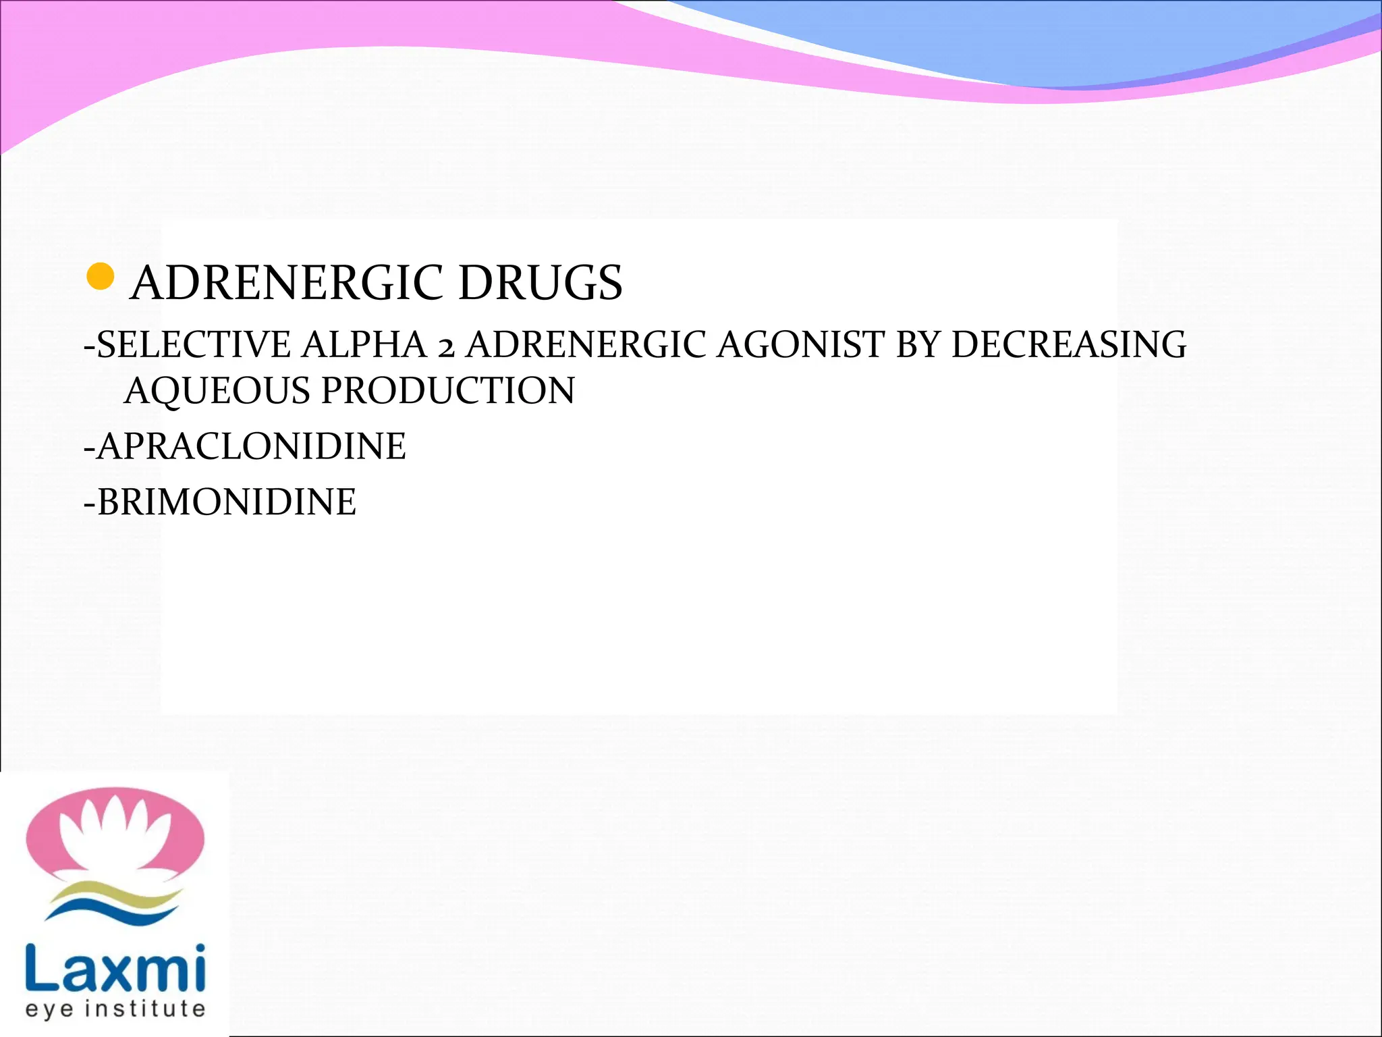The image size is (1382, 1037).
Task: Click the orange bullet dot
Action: click(101, 277)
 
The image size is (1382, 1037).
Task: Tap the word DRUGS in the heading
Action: click(540, 283)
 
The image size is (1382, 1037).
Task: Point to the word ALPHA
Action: click(364, 345)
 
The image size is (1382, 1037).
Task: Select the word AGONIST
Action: click(800, 345)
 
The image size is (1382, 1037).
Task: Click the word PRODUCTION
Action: click(448, 392)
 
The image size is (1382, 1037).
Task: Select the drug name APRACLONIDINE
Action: click(250, 447)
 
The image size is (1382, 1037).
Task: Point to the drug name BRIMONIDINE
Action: click(225, 502)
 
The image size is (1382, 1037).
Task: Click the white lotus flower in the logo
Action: click(115, 834)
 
